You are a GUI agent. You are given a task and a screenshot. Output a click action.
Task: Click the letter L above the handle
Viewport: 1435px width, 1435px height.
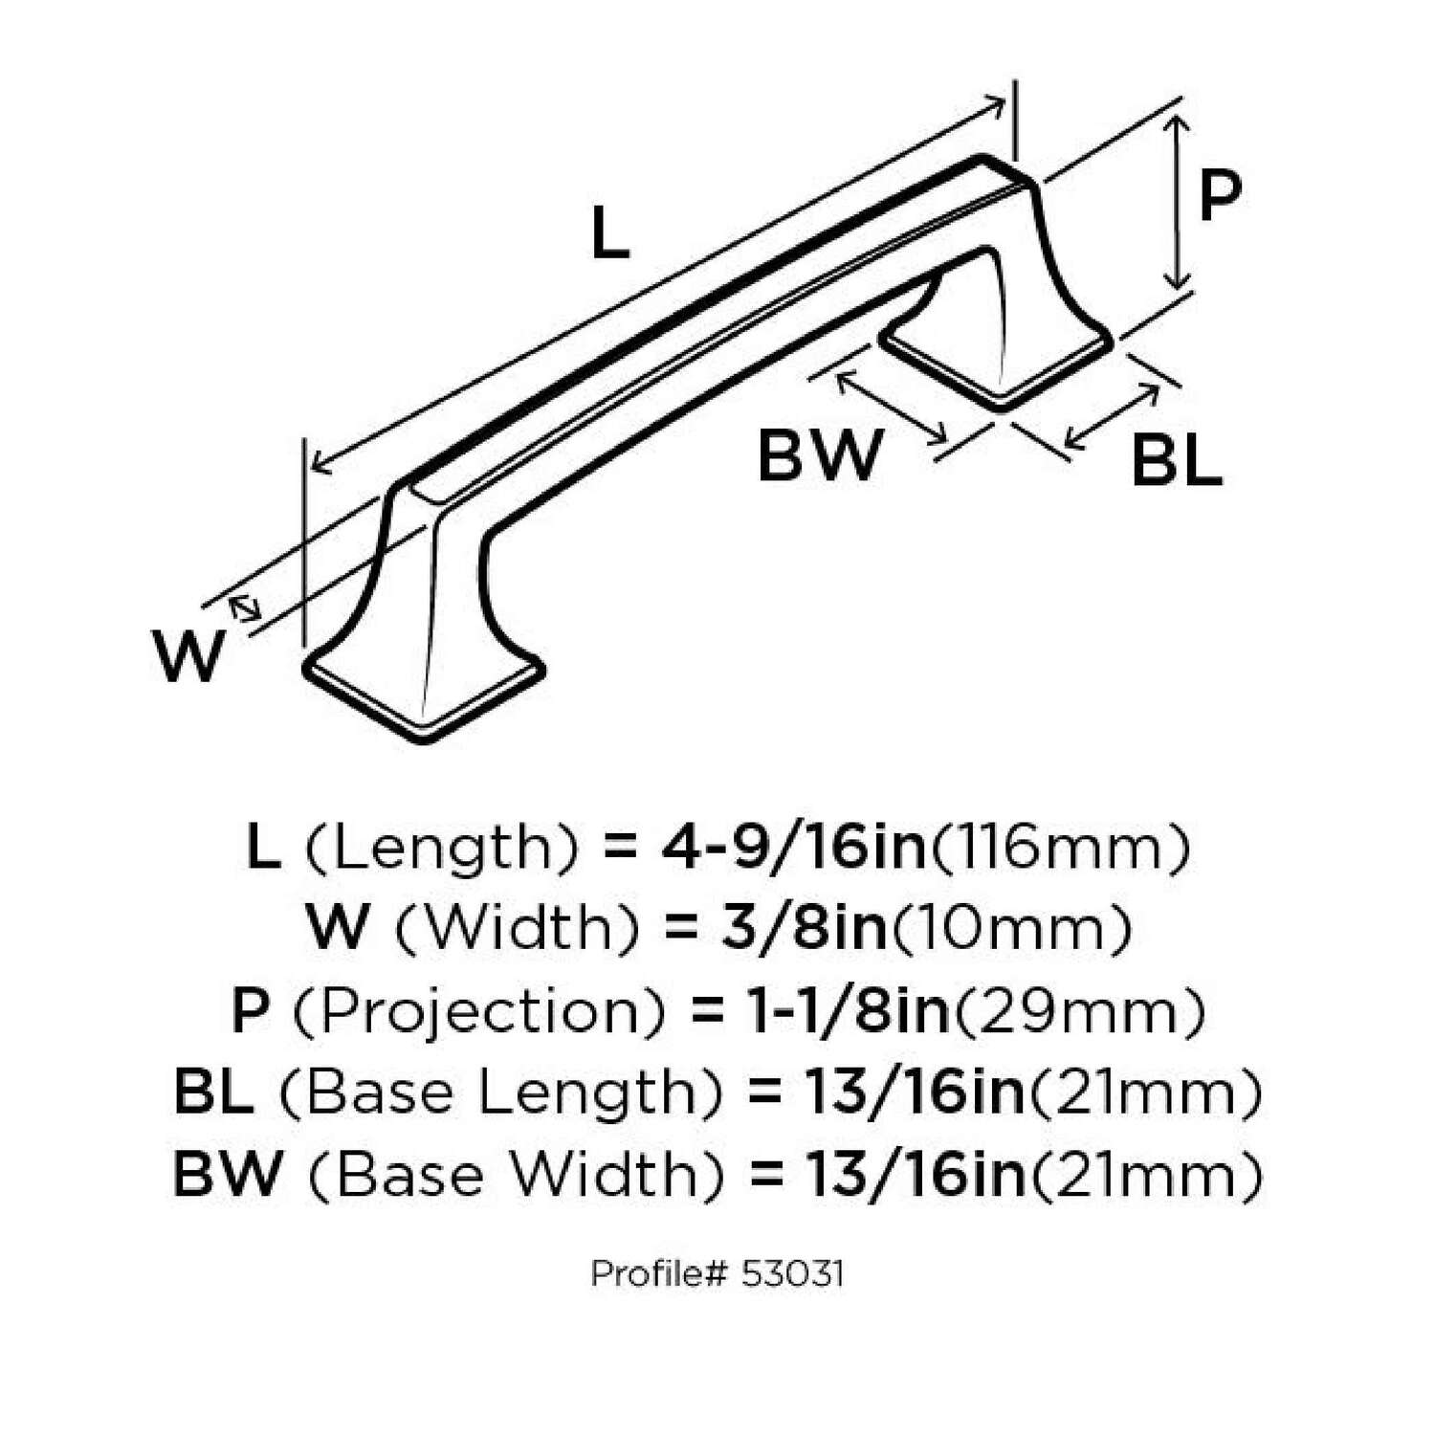[x=609, y=234]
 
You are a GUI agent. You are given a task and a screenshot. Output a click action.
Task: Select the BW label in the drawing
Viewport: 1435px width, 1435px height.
[x=820, y=455]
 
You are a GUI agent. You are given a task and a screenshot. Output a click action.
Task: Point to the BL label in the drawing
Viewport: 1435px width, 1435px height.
[x=1176, y=461]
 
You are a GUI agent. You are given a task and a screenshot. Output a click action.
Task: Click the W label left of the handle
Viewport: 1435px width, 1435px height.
[x=189, y=656]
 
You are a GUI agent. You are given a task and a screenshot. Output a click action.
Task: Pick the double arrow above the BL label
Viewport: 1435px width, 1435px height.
[x=1112, y=417]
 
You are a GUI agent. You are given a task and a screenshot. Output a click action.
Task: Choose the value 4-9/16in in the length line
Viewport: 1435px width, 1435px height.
[x=793, y=848]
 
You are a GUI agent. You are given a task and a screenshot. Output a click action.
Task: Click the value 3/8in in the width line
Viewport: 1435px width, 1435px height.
[x=805, y=928]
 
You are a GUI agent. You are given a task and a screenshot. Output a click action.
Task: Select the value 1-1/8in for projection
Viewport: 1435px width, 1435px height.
[x=848, y=1011]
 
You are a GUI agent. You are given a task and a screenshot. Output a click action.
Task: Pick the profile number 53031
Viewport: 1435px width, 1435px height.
[x=791, y=1274]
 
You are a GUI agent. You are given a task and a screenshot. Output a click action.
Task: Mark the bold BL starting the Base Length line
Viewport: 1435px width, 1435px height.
[x=213, y=1093]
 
